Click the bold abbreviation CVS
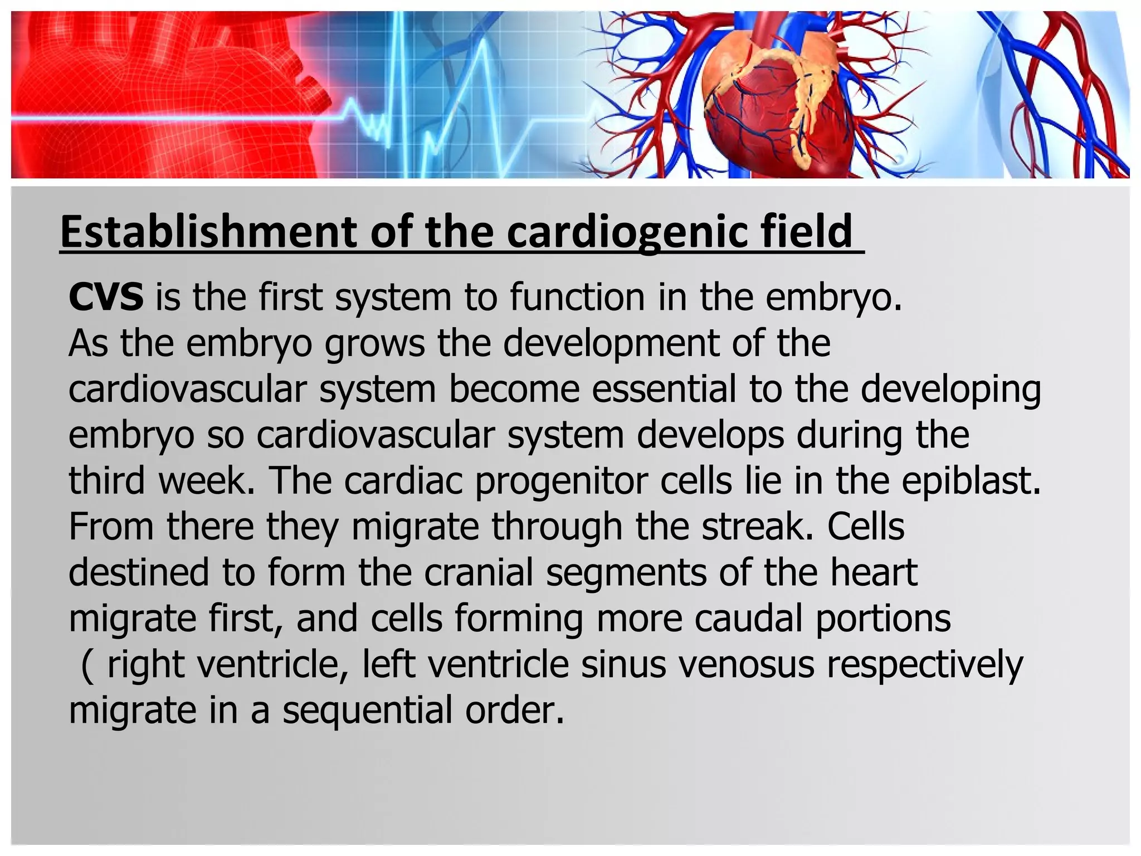coord(106,297)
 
